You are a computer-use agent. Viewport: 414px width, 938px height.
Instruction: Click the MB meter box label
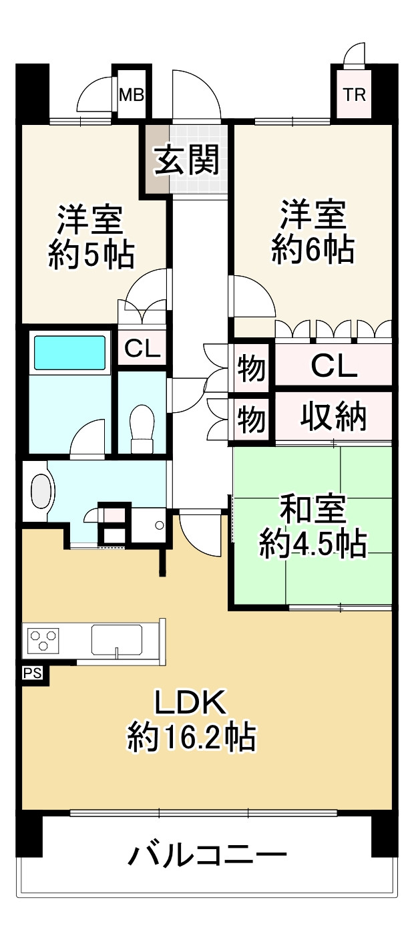[x=131, y=95]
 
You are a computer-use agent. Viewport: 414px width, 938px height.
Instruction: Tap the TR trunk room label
[x=355, y=95]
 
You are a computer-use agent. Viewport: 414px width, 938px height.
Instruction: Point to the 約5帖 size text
[x=91, y=254]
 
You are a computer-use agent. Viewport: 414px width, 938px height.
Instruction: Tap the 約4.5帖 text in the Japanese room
[x=313, y=546]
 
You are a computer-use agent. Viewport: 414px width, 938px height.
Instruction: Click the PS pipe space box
[x=33, y=673]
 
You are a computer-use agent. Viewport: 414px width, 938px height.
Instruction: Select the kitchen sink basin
[x=117, y=640]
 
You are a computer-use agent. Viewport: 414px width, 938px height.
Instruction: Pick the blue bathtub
[x=70, y=352]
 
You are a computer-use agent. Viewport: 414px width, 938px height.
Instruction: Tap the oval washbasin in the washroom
[x=41, y=492]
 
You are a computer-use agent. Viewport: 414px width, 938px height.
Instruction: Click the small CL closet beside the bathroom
[x=142, y=349]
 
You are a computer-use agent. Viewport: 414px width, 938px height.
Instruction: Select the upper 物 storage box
[x=251, y=369]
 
